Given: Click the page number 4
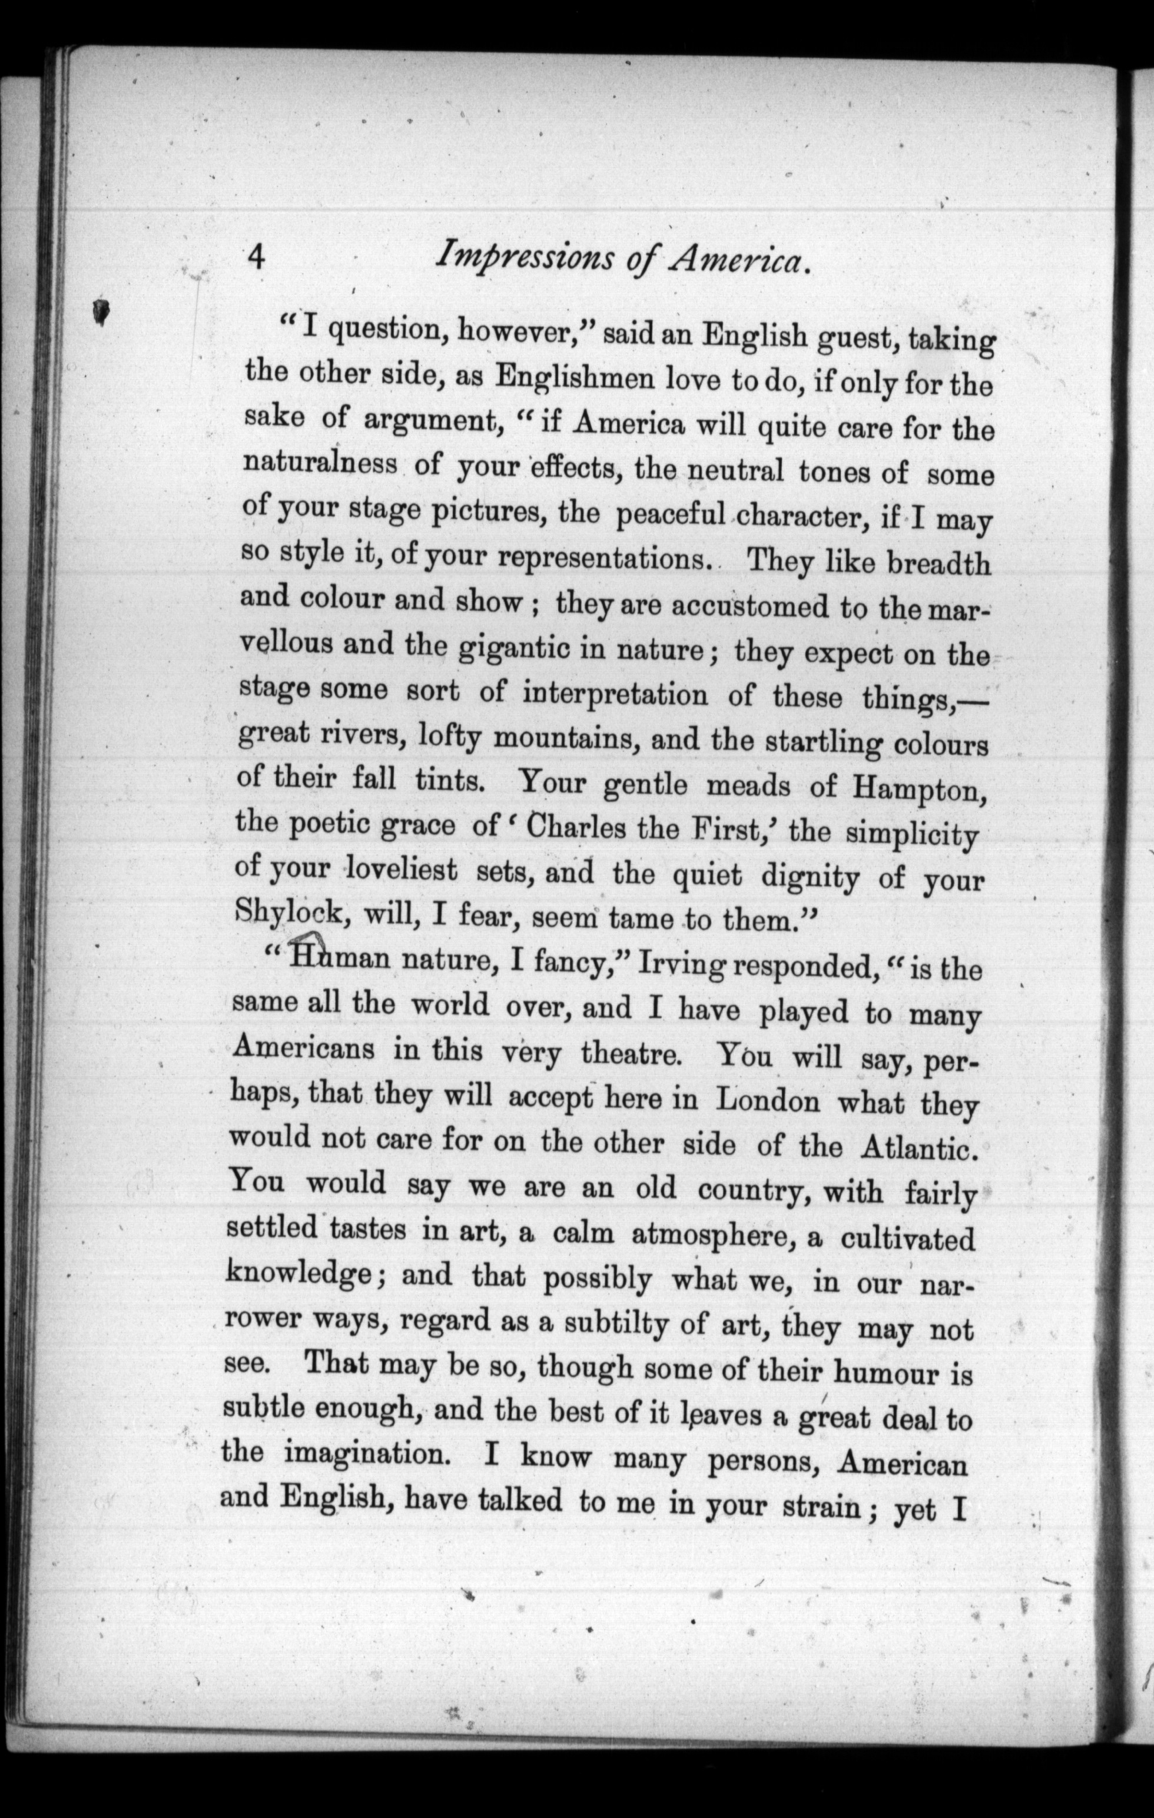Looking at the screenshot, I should click(257, 258).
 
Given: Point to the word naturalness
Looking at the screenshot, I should click(320, 462).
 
